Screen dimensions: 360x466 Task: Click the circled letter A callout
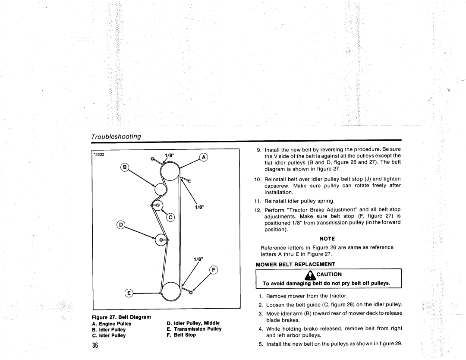coord(204,158)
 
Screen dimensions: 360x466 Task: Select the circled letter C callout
coord(170,218)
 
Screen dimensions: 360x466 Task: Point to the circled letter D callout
coord(121,224)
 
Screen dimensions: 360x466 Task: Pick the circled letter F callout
coord(213,271)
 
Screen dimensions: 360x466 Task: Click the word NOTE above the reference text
coord(327,238)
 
